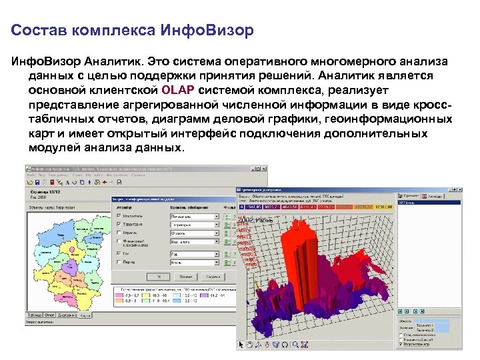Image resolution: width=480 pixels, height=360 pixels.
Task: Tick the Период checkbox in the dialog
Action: [119, 263]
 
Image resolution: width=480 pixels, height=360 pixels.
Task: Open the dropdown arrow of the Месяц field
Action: [217, 263]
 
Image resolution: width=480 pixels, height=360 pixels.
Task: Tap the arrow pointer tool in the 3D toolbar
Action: [241, 345]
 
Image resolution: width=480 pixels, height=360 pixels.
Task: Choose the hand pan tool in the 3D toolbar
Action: [250, 345]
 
